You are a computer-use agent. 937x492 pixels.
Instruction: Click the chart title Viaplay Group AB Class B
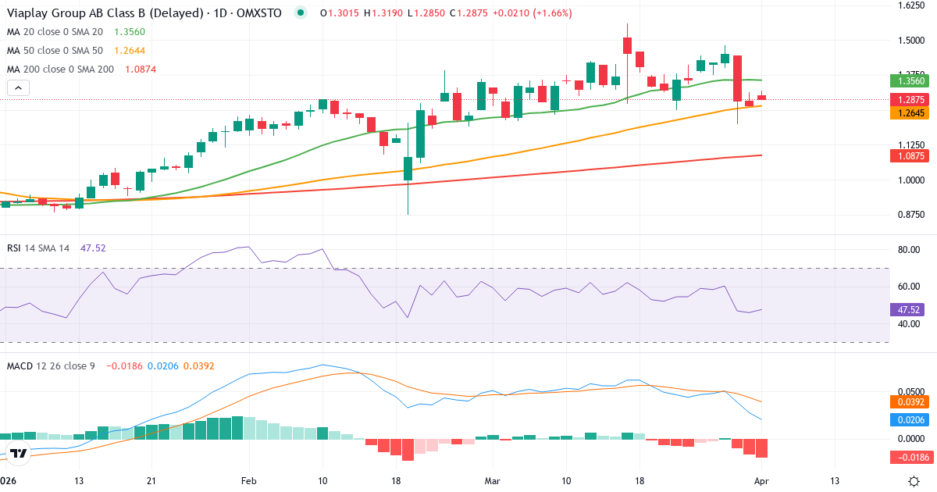click(94, 13)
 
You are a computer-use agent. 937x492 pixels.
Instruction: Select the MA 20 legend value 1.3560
click(130, 32)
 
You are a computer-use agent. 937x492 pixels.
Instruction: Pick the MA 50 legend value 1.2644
click(130, 51)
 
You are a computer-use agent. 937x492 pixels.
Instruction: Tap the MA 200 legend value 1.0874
click(141, 70)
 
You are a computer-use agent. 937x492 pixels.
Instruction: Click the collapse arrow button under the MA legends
click(18, 87)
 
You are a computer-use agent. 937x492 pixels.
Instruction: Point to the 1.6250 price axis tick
click(910, 5)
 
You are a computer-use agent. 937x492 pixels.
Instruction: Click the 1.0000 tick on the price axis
click(910, 180)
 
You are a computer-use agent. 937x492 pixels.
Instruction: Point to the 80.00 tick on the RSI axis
click(908, 250)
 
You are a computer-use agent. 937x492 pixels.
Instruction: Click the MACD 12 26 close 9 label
click(51, 366)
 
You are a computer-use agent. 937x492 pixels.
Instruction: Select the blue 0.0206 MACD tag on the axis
click(907, 419)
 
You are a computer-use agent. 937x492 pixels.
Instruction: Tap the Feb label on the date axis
click(248, 480)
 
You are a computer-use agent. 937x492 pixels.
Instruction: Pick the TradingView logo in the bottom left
click(18, 453)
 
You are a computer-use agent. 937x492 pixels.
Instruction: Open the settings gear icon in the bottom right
click(914, 480)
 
